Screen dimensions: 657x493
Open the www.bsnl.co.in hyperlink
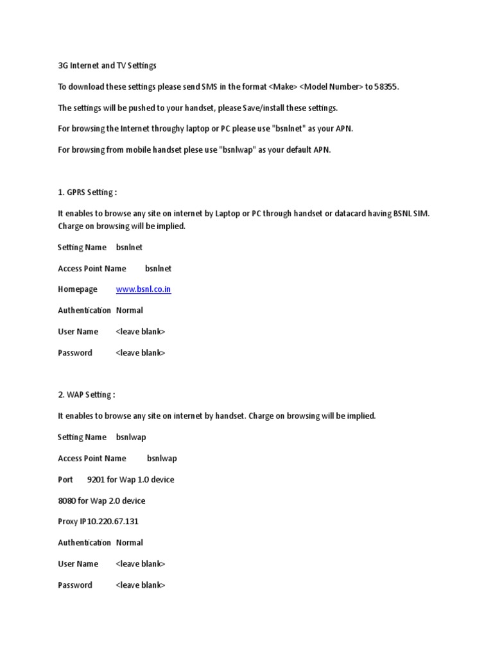pos(143,289)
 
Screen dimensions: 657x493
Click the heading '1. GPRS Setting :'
pos(87,192)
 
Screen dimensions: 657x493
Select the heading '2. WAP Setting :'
pos(86,395)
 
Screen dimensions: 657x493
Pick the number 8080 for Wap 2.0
pos(67,500)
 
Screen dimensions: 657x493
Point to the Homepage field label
pos(78,289)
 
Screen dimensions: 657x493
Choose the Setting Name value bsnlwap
pos(131,437)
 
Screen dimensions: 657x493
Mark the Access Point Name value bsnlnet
pos(159,268)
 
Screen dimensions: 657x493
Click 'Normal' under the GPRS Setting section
pos(130,311)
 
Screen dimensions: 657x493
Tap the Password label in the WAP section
pos(75,585)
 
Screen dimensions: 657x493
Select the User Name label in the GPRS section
pos(78,332)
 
